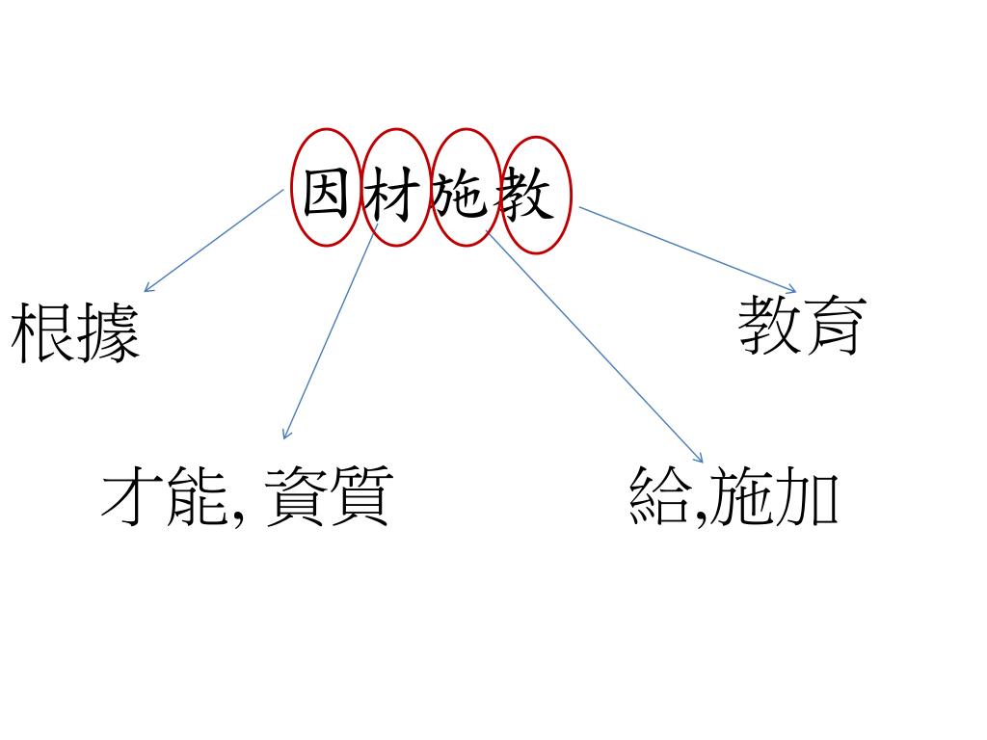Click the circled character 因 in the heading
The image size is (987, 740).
[326, 195]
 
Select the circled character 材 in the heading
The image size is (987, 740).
[394, 195]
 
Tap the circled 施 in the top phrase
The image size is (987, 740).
[465, 195]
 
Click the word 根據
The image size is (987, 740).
[76, 333]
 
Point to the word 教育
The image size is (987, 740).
[799, 325]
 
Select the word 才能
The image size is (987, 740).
[165, 497]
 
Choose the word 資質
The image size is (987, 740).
[326, 497]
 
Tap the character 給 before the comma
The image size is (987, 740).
[659, 497]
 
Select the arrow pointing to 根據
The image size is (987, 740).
[213, 240]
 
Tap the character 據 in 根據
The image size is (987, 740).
[109, 333]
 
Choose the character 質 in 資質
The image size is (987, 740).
[359, 497]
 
